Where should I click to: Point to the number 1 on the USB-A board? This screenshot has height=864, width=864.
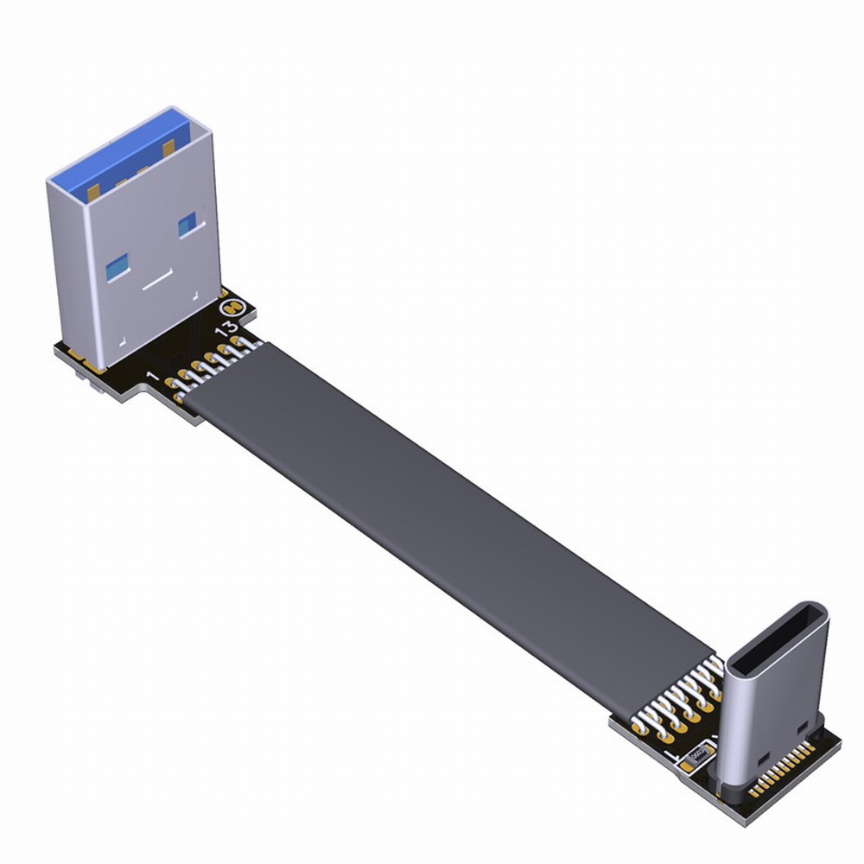(x=153, y=378)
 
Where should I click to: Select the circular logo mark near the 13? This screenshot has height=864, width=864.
(x=232, y=306)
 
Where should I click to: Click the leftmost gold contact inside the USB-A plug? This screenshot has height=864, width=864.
(x=92, y=191)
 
